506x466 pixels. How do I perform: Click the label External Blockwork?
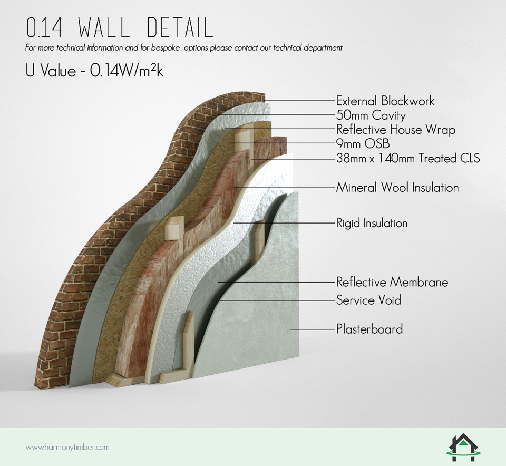point(385,101)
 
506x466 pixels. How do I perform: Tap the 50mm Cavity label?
point(371,115)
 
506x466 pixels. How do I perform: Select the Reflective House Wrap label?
point(396,130)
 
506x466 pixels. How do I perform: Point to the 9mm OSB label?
point(363,143)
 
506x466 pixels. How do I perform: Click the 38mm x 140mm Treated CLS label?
point(408,158)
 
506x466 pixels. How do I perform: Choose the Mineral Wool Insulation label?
point(397,188)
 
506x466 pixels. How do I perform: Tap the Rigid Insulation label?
point(372,223)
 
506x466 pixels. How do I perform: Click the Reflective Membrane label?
point(392,282)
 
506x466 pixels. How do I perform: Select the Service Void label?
point(368,300)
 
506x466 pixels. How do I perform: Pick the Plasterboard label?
point(369,329)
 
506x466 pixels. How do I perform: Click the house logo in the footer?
point(463,447)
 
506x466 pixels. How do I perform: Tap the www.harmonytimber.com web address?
point(67,448)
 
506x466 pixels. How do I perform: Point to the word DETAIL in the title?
point(180,27)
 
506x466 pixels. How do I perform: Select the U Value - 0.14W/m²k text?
point(94,71)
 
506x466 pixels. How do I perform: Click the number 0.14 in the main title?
point(44,27)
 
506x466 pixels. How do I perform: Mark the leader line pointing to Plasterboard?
point(313,329)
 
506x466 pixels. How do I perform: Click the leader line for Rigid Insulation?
point(284,223)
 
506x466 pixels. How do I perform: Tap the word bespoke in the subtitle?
point(165,48)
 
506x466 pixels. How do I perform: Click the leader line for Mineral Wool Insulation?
point(284,188)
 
